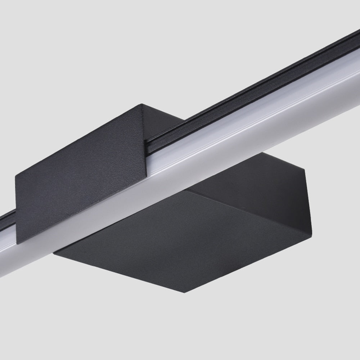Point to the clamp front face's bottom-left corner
[18, 244]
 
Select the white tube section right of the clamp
[252, 119]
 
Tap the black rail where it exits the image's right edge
[355, 40]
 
